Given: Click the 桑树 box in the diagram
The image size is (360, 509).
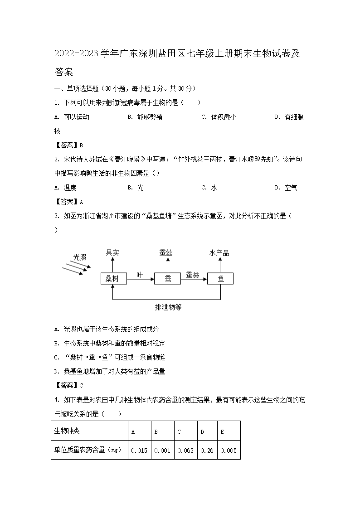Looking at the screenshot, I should (x=113, y=279).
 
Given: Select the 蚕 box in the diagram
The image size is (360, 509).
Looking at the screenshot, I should (x=167, y=279).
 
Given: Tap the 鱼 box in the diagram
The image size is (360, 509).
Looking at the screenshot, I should (x=220, y=279).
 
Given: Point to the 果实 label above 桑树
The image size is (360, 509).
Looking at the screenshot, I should (x=112, y=253).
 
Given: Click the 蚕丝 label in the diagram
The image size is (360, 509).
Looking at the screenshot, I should (x=166, y=253).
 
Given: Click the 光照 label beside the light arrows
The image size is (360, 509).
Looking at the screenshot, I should (x=80, y=257).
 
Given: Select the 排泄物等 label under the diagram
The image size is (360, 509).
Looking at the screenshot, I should (x=168, y=307).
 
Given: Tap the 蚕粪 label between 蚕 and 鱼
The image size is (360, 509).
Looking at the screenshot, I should (x=192, y=275).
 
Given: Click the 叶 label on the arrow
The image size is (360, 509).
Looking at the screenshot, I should (x=140, y=275).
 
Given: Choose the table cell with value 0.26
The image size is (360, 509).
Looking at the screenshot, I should (x=207, y=451).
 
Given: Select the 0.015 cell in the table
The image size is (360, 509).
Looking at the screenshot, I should (x=139, y=451).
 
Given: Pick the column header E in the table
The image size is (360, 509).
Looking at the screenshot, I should (x=222, y=431).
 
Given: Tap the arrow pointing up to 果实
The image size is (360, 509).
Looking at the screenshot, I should (x=113, y=265).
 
